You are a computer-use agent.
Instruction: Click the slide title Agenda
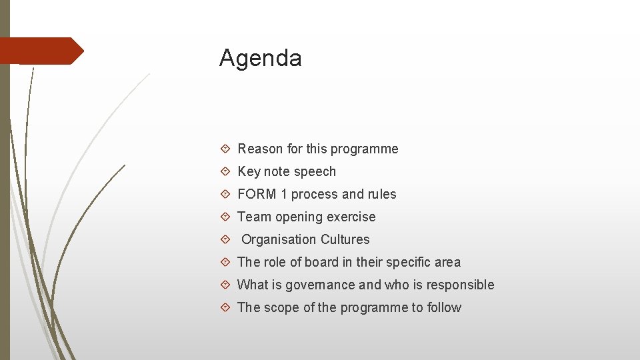click(260, 59)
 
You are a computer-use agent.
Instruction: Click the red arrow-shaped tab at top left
click(40, 51)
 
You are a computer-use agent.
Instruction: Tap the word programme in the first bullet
click(367, 149)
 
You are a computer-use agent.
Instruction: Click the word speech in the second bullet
click(315, 171)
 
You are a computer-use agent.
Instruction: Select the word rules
click(381, 194)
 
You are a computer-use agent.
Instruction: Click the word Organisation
click(279, 239)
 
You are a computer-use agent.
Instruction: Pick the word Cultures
click(345, 239)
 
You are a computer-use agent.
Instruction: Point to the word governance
click(320, 285)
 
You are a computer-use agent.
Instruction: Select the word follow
click(444, 307)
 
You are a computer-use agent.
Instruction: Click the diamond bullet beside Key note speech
click(225, 171)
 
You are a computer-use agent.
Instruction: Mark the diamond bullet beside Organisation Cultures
click(225, 239)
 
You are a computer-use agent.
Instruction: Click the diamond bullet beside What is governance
click(225, 285)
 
